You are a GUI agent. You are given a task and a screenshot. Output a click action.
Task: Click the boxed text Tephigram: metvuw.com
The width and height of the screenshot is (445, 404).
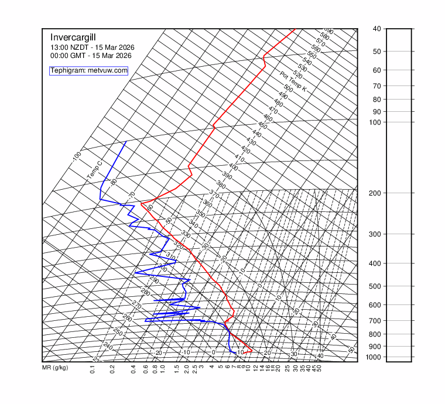[x=88, y=70]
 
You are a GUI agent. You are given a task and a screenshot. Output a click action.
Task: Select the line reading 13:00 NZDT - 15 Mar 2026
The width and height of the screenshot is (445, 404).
[x=91, y=47]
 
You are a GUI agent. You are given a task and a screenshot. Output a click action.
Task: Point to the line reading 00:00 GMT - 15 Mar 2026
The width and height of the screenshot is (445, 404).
[x=91, y=56]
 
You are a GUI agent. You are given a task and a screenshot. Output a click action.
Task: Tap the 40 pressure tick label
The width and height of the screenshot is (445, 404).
[x=376, y=29]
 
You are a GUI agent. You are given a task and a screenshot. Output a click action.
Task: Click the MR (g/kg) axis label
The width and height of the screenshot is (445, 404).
[x=55, y=368]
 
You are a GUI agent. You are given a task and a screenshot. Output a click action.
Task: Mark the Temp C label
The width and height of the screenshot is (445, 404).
[x=94, y=170]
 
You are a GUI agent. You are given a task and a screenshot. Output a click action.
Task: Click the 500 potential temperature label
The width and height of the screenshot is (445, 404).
[x=288, y=88]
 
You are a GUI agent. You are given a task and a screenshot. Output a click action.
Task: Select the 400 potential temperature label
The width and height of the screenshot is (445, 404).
[x=234, y=167]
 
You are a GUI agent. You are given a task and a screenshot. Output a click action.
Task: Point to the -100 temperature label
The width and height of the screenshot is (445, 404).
[x=76, y=157]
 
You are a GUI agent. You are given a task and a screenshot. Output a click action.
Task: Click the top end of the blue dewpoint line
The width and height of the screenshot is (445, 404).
[x=126, y=142]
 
